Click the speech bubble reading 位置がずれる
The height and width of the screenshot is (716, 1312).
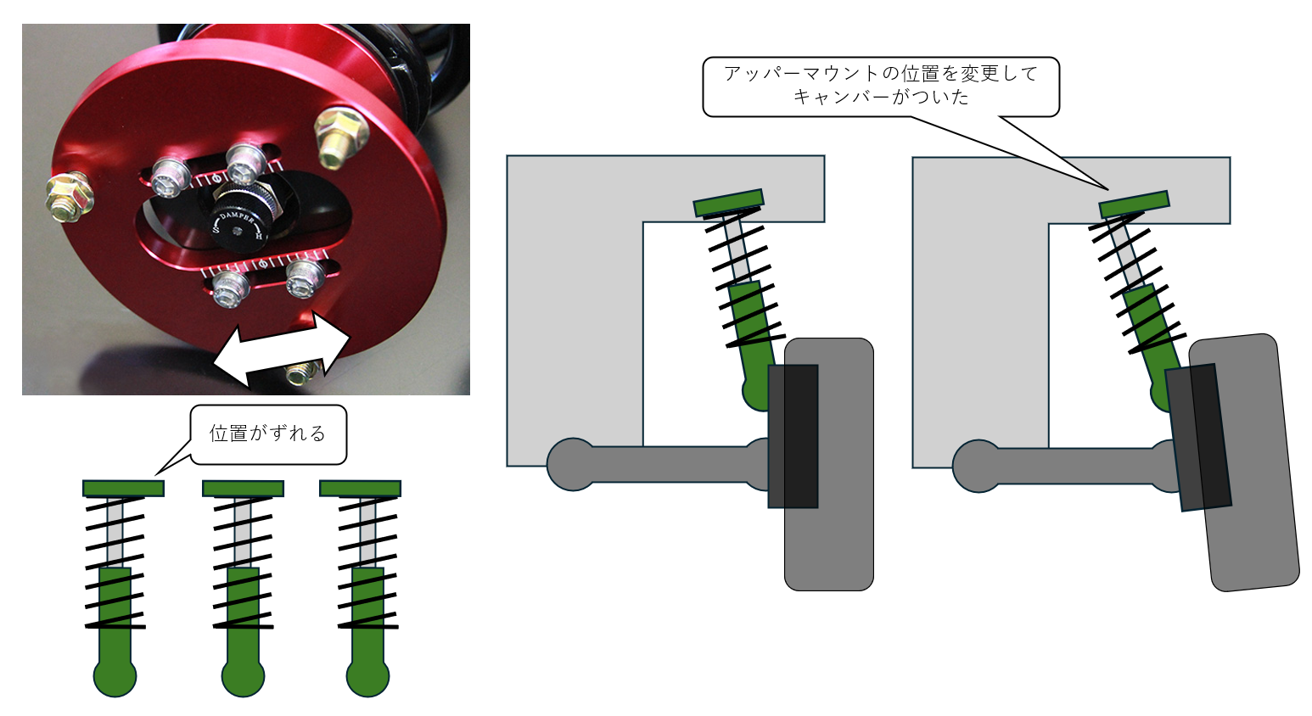(267, 434)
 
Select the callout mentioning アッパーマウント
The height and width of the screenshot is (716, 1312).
(881, 87)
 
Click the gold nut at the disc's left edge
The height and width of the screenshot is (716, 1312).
(70, 198)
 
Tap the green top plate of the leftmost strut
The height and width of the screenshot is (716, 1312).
(123, 489)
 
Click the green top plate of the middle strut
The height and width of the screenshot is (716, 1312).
(243, 489)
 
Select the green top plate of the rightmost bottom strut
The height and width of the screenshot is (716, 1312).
(360, 489)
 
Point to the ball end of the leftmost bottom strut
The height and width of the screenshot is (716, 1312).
(115, 677)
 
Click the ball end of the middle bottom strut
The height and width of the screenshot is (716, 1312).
(243, 677)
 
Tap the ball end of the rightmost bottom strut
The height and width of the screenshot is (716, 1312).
(367, 677)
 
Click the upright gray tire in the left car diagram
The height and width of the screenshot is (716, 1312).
(829, 464)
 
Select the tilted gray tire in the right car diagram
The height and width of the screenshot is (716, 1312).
(1244, 462)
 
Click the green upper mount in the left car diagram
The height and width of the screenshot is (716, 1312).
(729, 203)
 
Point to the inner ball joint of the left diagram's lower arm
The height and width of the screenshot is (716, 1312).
(573, 464)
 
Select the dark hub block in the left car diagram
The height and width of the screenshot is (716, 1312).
(793, 436)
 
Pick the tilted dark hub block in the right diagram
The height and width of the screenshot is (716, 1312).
(1198, 438)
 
